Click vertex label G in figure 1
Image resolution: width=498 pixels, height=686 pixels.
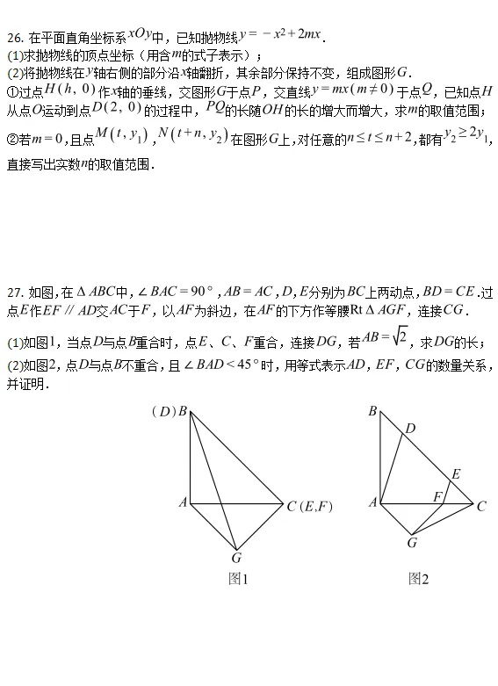[236, 557]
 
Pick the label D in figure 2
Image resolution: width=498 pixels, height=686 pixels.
[410, 429]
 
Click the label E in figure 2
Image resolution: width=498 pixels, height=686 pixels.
[456, 474]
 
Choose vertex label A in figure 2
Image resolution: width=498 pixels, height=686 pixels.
[372, 502]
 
